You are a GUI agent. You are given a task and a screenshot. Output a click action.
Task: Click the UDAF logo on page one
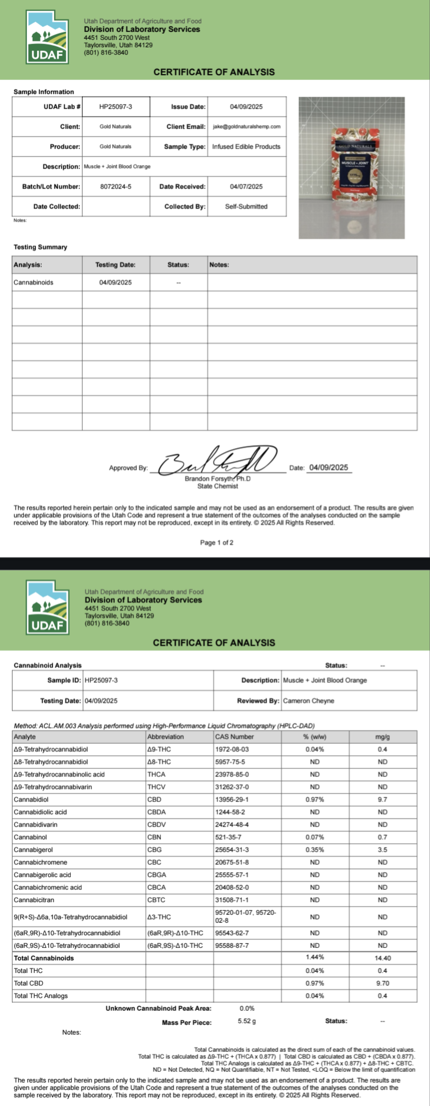pos(48,38)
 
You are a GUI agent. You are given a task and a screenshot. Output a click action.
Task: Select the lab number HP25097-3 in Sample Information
pos(116,107)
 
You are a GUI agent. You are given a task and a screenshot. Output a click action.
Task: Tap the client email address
pos(246,127)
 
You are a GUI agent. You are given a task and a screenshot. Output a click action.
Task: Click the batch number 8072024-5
pos(116,187)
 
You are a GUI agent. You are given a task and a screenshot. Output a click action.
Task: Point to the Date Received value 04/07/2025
pos(246,187)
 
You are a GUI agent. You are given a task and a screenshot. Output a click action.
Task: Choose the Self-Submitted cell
pos(246,207)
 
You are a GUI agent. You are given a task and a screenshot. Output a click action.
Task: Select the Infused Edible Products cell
pos(246,147)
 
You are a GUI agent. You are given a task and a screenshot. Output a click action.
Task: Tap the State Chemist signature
pos(217,461)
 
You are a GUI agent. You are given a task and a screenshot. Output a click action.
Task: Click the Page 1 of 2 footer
pos(217,543)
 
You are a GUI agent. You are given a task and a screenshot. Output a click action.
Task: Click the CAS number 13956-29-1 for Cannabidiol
pos(232,800)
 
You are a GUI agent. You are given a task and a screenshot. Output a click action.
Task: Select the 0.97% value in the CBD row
pos(314,800)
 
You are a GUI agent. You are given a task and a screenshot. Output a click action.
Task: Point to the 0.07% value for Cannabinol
pos(314,837)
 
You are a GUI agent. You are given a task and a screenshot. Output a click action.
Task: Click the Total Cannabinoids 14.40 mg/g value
pos(383,958)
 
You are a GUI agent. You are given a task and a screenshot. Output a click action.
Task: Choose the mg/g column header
pos(383,737)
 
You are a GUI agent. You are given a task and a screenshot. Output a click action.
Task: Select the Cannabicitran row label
pos(35,900)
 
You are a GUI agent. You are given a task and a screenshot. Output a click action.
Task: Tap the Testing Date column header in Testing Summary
pos(115,265)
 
